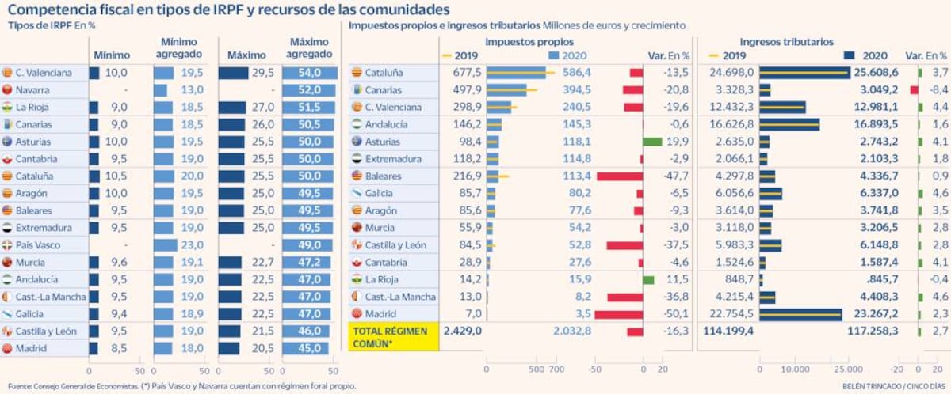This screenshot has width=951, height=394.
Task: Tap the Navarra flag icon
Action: (9, 90)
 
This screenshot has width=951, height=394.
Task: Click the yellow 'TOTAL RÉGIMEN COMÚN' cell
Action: (394, 336)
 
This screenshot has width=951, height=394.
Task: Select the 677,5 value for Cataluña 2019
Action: (466, 73)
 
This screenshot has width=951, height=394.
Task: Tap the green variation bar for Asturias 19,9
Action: (652, 142)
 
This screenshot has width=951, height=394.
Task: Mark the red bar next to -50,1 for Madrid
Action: (618, 314)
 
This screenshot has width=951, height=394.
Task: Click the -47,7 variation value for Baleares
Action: (678, 176)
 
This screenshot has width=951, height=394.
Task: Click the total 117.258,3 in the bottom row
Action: (872, 331)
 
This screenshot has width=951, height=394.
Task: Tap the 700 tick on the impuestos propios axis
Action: (556, 369)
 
